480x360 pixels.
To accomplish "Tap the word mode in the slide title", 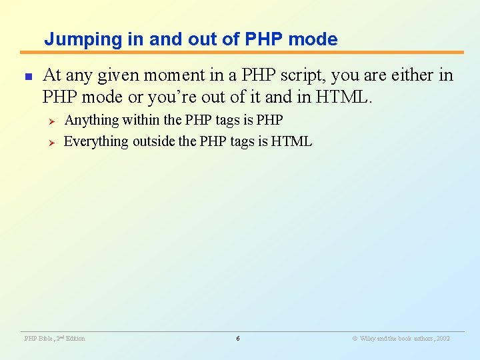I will [314, 39].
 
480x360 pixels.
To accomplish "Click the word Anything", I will [91, 121].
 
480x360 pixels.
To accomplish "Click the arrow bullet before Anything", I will [49, 121].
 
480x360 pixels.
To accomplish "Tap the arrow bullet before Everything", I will [49, 142].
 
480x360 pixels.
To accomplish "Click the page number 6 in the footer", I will [238, 339].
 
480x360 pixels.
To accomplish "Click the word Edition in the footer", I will [75, 339].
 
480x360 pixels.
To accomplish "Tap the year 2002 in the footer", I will [443, 339].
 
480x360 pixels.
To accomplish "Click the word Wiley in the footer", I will [368, 339].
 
